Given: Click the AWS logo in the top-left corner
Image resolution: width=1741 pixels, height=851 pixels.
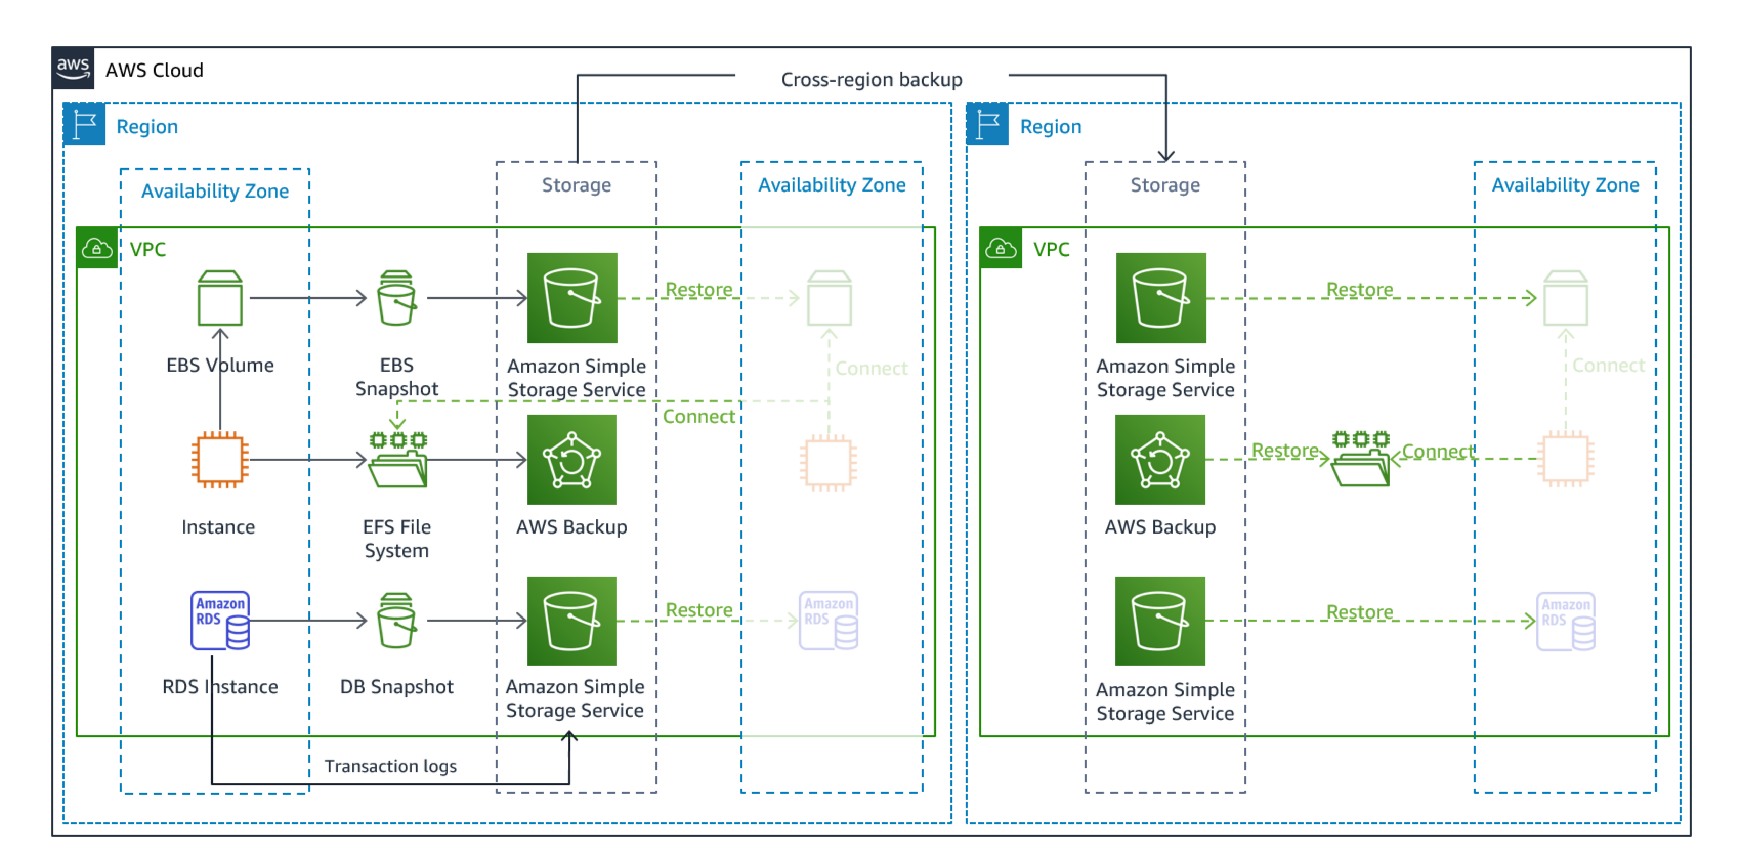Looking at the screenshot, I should click(73, 68).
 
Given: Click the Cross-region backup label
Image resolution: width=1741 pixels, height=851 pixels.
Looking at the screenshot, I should click(871, 80).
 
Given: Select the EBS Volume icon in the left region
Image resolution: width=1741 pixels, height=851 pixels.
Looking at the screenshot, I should click(220, 298).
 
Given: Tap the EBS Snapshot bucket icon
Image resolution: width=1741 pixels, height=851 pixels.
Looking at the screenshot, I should click(397, 298).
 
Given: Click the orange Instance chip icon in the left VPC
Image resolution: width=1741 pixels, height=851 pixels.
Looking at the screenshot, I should click(220, 460).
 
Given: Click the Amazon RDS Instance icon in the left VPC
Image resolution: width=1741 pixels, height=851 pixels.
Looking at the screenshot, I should click(220, 621).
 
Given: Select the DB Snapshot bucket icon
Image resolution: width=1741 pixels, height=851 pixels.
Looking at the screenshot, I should click(397, 621).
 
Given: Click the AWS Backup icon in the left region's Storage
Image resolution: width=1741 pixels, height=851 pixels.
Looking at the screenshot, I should click(572, 460).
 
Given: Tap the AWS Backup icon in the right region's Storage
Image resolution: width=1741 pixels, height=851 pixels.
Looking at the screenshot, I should click(1160, 460).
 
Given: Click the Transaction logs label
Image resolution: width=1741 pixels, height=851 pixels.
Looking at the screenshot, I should click(390, 766).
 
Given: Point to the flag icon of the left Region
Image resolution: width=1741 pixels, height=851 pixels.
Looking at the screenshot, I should click(84, 125).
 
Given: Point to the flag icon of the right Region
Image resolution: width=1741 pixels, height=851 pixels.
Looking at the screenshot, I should click(987, 125).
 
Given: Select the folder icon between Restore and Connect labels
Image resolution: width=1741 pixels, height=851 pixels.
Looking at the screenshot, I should click(1361, 461).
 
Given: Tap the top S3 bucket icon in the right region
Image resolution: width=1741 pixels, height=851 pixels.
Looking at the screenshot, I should click(1160, 298).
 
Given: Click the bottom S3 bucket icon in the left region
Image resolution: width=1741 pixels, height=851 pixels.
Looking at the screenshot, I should click(572, 621).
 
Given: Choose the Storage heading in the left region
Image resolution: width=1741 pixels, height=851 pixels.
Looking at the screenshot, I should click(576, 185).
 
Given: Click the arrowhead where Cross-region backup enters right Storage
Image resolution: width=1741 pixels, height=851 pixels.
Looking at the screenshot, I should click(1166, 156).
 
